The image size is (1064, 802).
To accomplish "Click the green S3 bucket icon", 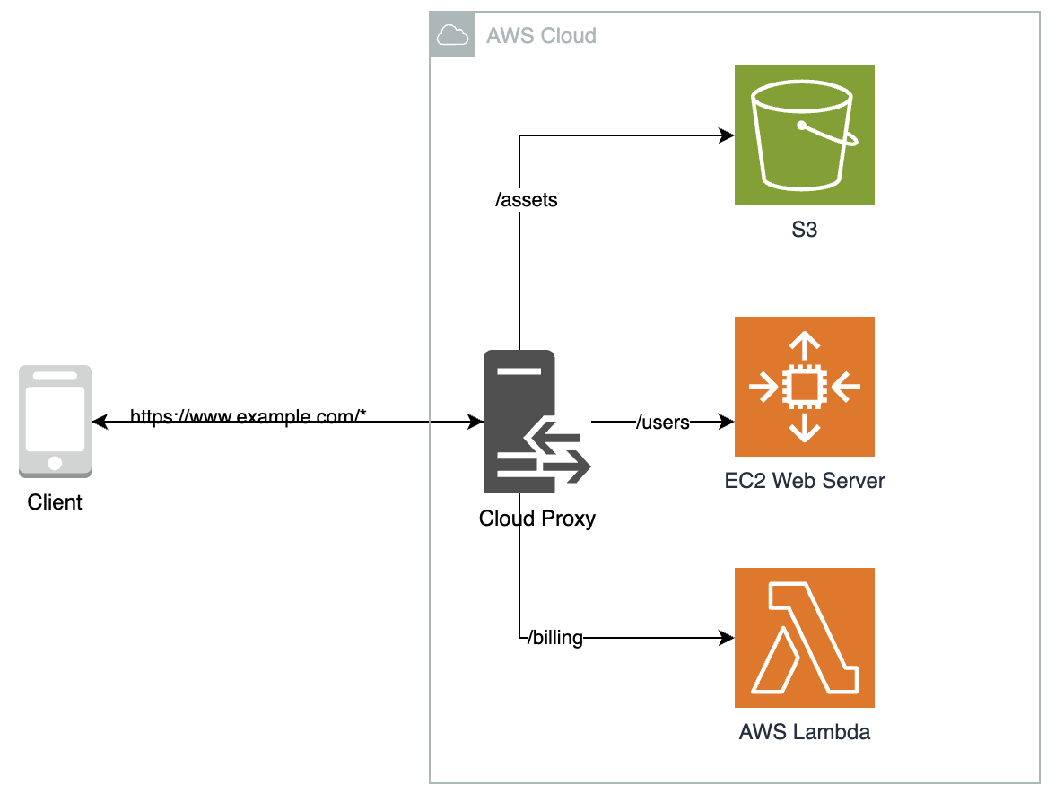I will click(804, 135).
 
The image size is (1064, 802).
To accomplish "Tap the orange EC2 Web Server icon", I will click(804, 387).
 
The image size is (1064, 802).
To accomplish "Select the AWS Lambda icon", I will click(804, 638).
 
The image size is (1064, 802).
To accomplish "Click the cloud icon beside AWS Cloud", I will click(452, 35).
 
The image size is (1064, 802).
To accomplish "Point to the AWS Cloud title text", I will click(541, 36).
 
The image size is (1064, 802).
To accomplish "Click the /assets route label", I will click(527, 200).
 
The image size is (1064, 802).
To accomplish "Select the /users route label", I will click(662, 422).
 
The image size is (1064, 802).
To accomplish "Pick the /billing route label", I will click(554, 638).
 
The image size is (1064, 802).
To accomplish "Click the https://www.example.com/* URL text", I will click(249, 417).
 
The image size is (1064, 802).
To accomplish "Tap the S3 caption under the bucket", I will click(804, 231).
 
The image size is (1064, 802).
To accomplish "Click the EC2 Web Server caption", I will click(804, 481).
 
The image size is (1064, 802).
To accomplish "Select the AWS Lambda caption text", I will click(804, 732).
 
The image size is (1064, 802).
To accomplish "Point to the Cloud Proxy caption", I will click(536, 519).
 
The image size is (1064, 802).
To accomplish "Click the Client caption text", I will click(55, 502).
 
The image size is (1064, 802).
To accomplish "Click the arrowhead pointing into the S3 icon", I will click(728, 136).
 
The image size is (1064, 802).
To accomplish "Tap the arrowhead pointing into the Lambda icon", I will click(728, 638).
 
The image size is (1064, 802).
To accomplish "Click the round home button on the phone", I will click(55, 463).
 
